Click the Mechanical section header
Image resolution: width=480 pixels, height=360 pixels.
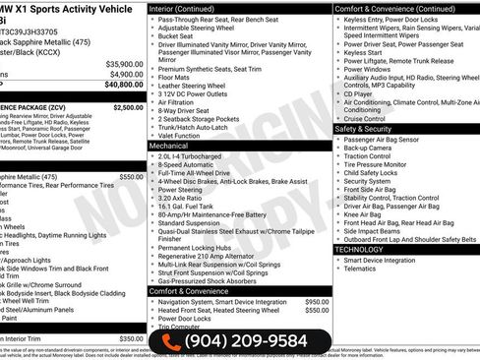pos(168,145)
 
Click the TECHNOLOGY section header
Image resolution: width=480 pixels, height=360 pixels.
pos(360,249)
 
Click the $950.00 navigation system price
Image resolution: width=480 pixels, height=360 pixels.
pos(317,302)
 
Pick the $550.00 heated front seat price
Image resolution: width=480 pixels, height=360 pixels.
pos(317,311)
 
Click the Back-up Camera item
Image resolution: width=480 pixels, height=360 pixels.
pos(372,148)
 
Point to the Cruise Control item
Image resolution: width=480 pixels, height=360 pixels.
pos(370,118)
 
